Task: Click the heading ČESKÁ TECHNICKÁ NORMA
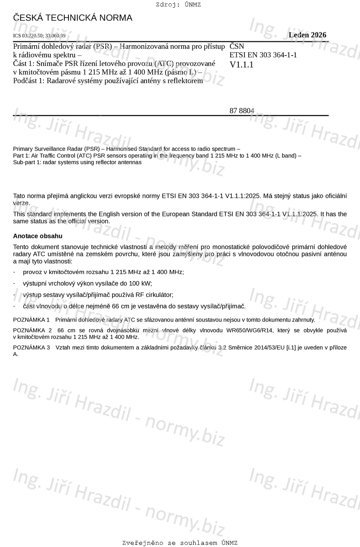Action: tap(72, 18)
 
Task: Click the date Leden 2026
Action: tap(307, 35)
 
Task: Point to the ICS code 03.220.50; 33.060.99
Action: tap(39, 36)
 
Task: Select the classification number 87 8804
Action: tap(241, 111)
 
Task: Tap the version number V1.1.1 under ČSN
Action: tap(241, 65)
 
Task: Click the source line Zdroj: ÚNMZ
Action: tap(178, 5)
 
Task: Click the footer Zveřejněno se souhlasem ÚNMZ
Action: tap(180, 543)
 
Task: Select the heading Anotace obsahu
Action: tap(38, 236)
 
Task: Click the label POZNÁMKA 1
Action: tap(31, 320)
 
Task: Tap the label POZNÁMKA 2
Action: tap(31, 330)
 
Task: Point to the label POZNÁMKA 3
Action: tap(31, 347)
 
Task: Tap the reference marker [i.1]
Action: tap(292, 347)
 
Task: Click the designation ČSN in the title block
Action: tap(237, 46)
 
